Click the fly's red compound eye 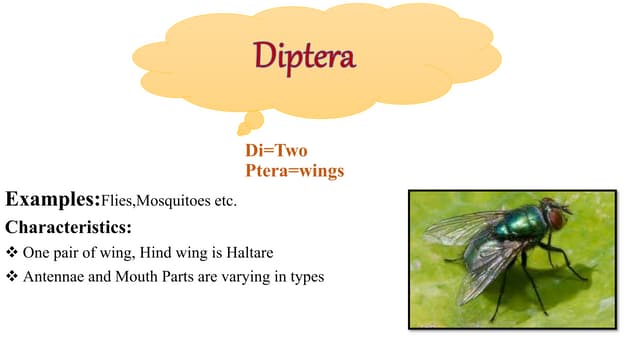click(553, 219)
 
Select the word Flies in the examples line click(116, 201)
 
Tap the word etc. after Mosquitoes click(224, 201)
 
